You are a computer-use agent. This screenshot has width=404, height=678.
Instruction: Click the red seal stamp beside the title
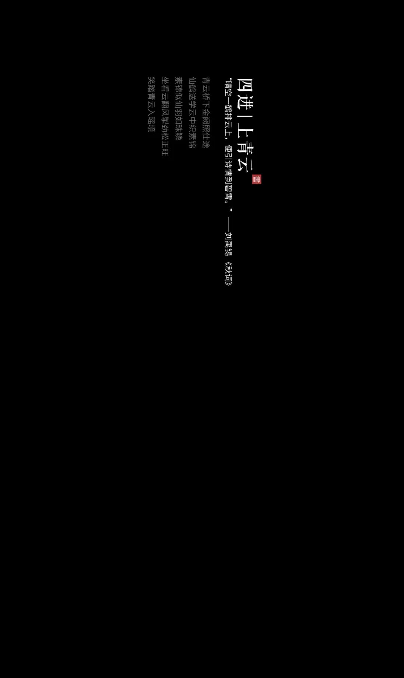(x=257, y=179)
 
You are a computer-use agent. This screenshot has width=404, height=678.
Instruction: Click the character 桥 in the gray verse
(x=206, y=96)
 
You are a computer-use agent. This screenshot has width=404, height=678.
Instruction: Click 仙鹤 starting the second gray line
(x=192, y=84)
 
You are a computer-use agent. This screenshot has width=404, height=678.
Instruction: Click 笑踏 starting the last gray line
(x=151, y=84)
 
